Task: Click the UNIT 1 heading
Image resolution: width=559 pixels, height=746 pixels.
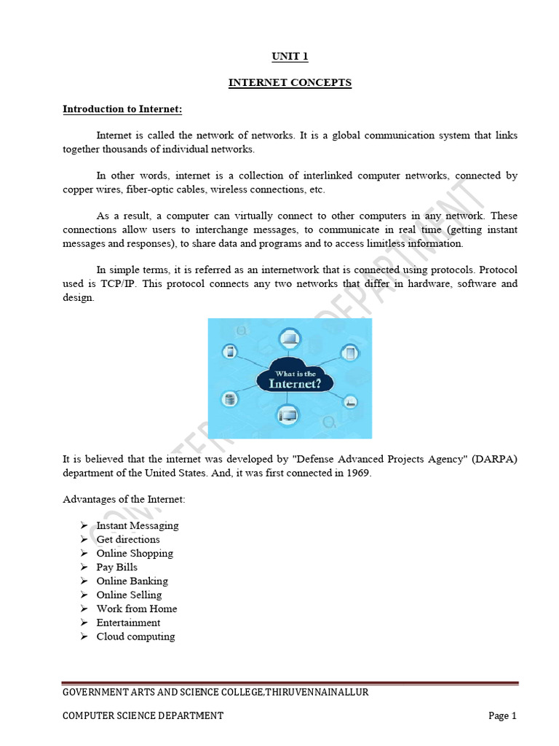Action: tap(289, 56)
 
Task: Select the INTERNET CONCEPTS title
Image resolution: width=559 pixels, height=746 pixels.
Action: tap(290, 83)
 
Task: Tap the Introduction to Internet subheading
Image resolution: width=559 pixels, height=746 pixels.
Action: tap(122, 109)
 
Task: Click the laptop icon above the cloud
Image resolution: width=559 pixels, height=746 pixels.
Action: tap(290, 338)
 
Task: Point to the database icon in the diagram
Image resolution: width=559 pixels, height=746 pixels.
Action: tap(229, 400)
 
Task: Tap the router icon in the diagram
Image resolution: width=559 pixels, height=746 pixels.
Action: tap(350, 401)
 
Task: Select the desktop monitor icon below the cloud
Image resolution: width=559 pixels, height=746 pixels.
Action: tap(290, 416)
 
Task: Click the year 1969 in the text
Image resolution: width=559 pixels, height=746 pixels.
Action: tap(359, 473)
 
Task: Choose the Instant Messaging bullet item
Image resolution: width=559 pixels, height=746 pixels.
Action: tap(137, 525)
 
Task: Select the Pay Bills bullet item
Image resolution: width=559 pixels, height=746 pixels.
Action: tap(116, 567)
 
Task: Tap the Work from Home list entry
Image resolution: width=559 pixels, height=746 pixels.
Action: tap(136, 608)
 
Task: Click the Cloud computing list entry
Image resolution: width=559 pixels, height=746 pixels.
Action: tap(135, 636)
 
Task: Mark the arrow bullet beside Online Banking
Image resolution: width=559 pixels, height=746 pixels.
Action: tap(84, 581)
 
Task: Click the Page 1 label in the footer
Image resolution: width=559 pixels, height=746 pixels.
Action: tap(502, 715)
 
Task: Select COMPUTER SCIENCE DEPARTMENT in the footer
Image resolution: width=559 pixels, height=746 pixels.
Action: tap(143, 715)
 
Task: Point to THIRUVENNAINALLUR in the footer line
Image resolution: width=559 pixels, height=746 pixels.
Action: tap(316, 692)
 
